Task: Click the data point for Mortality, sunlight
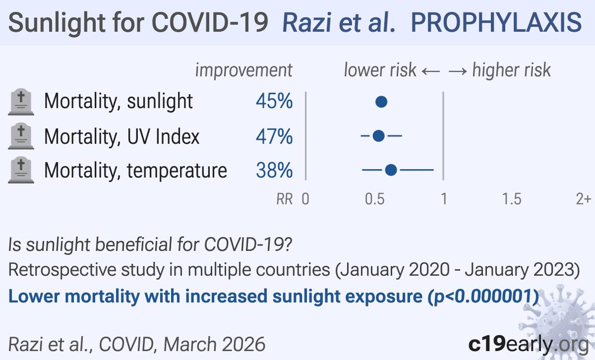381,102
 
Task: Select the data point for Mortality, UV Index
378,136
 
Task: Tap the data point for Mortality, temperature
391,171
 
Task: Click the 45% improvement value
274,102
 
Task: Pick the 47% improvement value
274,136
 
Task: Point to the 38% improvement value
274,171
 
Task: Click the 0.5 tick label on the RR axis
375,199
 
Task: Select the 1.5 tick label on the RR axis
512,199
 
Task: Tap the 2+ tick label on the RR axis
584,199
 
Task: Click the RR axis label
284,199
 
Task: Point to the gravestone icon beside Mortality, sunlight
21,102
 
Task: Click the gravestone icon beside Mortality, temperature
21,171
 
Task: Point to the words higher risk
511,70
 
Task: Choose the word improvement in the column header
244,70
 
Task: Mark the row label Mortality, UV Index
121,136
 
